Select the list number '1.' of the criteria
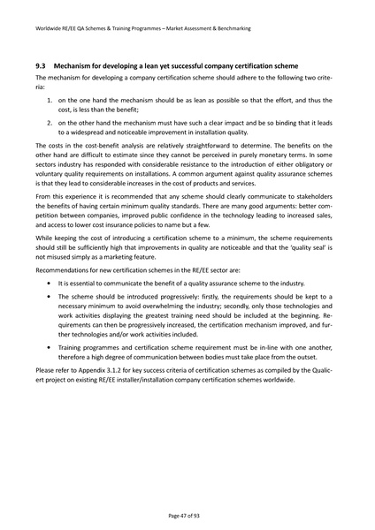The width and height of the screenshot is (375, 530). (50, 102)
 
